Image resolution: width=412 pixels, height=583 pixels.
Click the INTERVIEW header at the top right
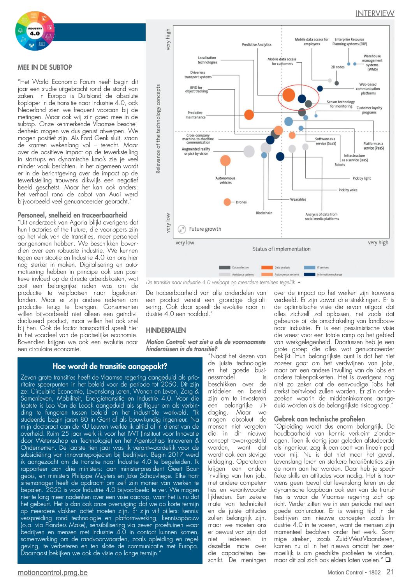point(375,13)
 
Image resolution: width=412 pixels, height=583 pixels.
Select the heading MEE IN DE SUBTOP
point(45,67)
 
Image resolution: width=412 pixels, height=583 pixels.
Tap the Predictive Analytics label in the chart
point(257,44)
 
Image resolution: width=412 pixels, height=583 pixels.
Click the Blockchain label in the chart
point(264,213)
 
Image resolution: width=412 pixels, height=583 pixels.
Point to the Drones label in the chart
point(241,202)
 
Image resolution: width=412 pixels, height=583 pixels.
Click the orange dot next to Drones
point(227,202)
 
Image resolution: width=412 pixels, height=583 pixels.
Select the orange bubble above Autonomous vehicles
point(225,160)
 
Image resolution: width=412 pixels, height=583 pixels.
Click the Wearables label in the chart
point(298,199)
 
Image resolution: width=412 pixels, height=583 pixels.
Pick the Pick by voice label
point(348,190)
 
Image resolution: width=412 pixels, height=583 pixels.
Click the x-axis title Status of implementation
point(282,249)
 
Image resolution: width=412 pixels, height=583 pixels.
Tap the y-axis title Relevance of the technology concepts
point(158,129)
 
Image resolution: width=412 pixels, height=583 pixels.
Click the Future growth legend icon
point(182,229)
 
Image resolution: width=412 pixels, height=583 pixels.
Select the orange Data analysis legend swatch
point(267,268)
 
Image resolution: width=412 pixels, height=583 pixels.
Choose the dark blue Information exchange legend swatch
point(310,274)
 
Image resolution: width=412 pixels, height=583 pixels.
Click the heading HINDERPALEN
point(166,330)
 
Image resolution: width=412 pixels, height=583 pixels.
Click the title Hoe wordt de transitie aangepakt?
point(110,366)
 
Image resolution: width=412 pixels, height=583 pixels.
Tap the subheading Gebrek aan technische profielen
point(319,419)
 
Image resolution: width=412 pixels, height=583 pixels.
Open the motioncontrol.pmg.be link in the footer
point(53,572)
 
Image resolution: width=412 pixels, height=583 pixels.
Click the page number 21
point(390,572)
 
